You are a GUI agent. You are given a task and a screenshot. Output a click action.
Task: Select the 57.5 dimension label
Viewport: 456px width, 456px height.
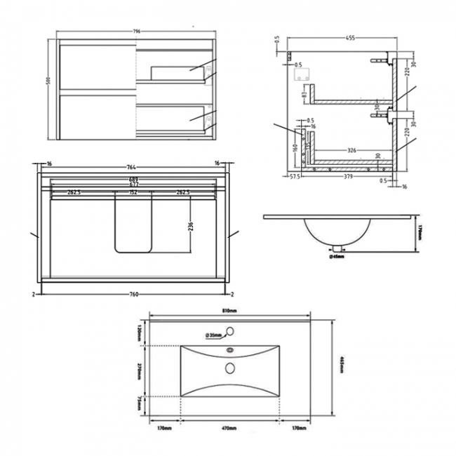coord(295,177)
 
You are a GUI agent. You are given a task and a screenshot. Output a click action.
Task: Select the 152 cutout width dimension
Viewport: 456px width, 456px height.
coord(133,192)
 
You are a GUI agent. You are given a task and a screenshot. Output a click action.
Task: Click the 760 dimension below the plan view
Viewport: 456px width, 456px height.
coord(133,295)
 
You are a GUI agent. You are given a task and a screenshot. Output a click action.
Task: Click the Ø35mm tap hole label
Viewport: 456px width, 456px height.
coord(215,335)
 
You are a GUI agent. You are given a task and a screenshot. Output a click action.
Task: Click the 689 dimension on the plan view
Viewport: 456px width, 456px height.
coord(133,180)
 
